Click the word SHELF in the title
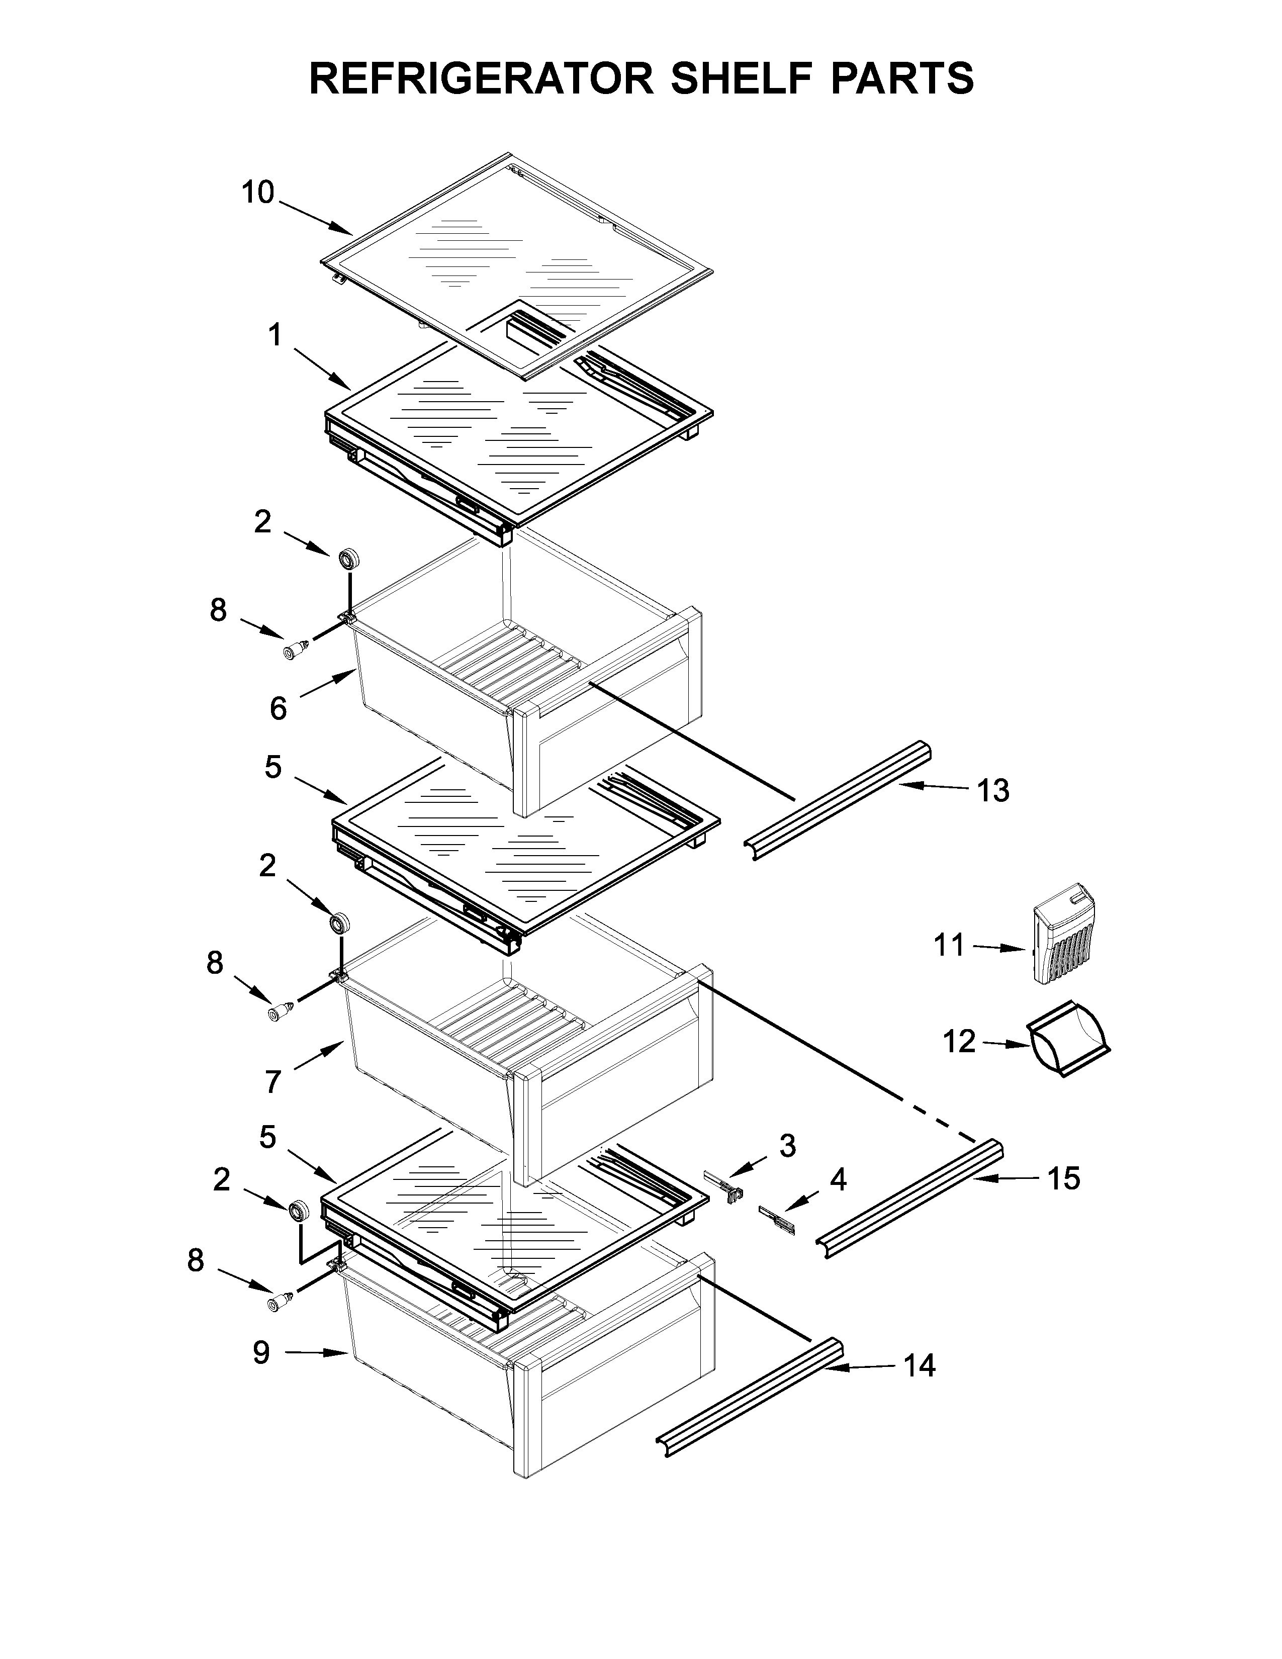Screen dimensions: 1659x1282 point(743,78)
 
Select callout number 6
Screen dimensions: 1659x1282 point(278,709)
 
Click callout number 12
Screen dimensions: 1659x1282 point(958,1042)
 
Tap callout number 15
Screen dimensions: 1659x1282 point(1063,1178)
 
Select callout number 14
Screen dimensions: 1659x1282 point(919,1366)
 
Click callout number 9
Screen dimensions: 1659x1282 point(261,1352)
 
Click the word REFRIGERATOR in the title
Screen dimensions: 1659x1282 point(481,78)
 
